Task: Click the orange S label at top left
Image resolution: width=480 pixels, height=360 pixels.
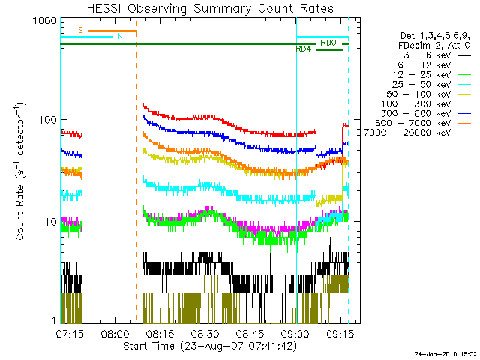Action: tap(81, 30)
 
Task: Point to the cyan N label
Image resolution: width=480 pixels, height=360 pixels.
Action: tap(119, 36)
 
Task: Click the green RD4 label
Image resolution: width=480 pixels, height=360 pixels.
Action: tap(303, 49)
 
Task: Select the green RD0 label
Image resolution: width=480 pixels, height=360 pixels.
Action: tap(328, 43)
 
